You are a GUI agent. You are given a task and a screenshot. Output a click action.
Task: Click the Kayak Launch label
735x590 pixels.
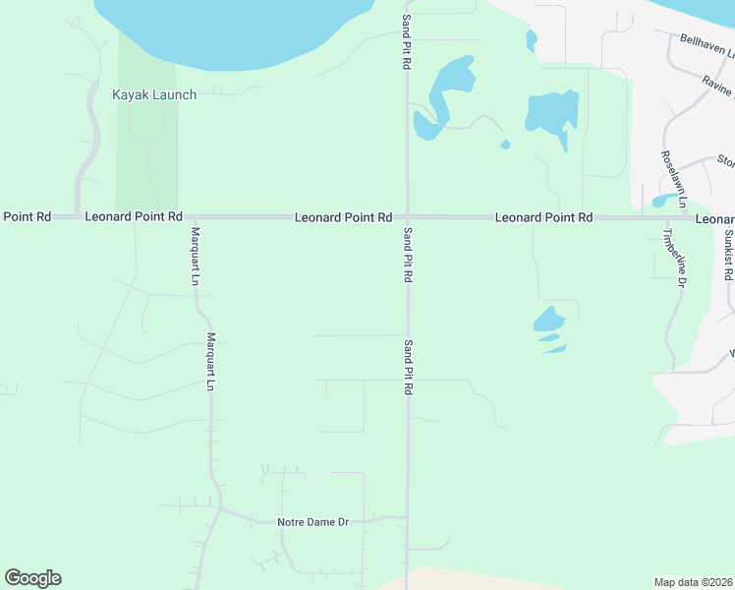tap(154, 94)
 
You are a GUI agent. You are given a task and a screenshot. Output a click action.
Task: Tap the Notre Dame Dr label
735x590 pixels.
tap(313, 522)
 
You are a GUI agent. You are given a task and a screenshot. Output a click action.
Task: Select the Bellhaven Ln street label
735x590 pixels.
tap(707, 45)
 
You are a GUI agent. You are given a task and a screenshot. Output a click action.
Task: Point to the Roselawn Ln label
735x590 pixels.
tap(671, 171)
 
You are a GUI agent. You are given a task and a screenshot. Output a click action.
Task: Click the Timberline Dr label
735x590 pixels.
tap(671, 258)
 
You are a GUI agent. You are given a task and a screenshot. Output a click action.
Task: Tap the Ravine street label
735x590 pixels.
tap(718, 87)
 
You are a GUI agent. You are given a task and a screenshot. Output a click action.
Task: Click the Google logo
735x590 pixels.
tap(32, 578)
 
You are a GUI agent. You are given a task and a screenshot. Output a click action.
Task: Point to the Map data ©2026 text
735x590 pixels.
tap(693, 582)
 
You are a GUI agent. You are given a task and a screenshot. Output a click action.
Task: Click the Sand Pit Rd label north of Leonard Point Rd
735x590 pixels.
tap(406, 41)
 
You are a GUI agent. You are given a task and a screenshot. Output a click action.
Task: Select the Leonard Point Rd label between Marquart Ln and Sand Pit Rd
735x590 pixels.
tap(344, 217)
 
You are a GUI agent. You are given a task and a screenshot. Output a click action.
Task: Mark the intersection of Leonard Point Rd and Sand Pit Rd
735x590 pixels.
tap(408, 216)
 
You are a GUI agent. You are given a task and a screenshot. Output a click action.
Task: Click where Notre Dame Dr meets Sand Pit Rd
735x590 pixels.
tap(408, 517)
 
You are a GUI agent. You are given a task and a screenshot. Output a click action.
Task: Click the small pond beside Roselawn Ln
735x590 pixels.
tap(658, 201)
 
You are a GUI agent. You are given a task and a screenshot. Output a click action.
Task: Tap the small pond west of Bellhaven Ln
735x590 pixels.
tap(532, 40)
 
